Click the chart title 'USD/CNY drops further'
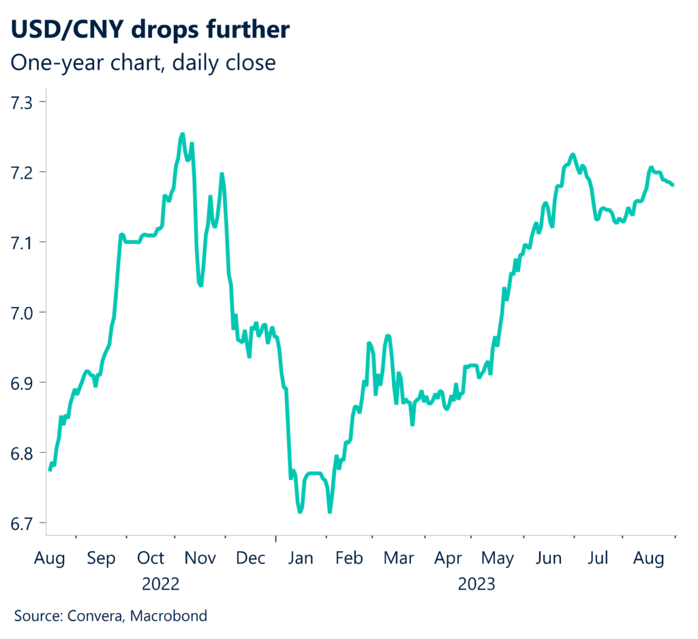click(x=149, y=31)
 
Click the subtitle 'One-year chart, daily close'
click(x=144, y=63)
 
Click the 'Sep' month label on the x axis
click(x=102, y=559)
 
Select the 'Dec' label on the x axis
click(x=250, y=559)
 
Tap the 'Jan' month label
click(x=301, y=559)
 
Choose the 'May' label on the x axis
click(x=498, y=559)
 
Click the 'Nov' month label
click(x=201, y=559)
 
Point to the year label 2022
click(x=161, y=584)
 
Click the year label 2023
click(x=476, y=584)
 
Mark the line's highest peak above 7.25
click(x=182, y=134)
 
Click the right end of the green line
click(x=673, y=185)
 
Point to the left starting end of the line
click(x=50, y=470)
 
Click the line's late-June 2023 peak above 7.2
click(x=573, y=155)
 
